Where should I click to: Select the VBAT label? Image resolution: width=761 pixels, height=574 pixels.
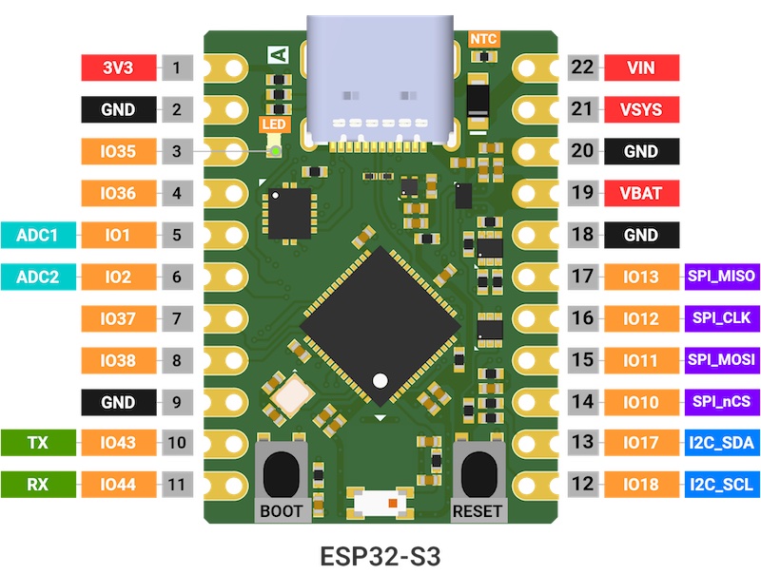pyautogui.click(x=639, y=194)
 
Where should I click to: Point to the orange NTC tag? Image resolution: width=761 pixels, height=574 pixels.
pyautogui.click(x=484, y=39)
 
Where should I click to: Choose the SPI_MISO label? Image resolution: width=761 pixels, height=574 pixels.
pyautogui.click(x=721, y=277)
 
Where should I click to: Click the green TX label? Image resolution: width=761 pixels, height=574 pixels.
pyautogui.click(x=37, y=443)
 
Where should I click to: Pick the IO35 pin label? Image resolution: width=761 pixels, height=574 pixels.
pyautogui.click(x=118, y=151)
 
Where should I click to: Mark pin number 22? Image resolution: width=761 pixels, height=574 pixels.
pyautogui.click(x=582, y=67)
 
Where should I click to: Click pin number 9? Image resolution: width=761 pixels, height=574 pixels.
pyautogui.click(x=177, y=402)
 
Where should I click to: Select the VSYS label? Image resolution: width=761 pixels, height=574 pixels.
pyautogui.click(x=639, y=109)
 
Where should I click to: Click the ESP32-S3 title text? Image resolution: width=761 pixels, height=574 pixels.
pyautogui.click(x=381, y=552)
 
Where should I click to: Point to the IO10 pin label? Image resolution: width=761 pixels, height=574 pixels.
pyautogui.click(x=639, y=402)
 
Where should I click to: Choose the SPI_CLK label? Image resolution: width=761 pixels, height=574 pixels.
pyautogui.click(x=721, y=318)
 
